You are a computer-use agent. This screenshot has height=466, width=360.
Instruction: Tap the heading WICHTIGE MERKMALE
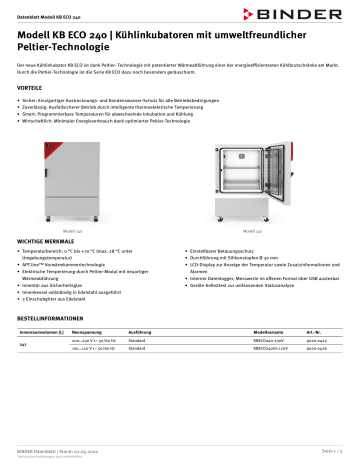click(47, 243)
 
